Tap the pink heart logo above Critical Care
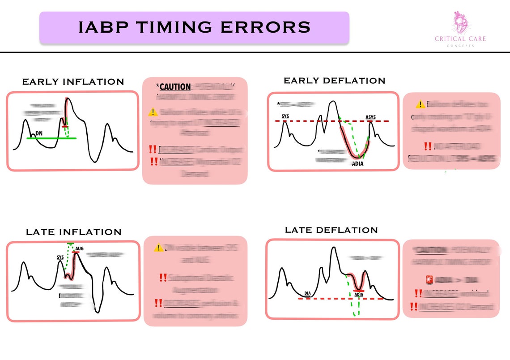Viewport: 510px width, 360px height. [x=460, y=22]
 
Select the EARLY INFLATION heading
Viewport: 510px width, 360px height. [x=73, y=82]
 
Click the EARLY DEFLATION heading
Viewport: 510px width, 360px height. [x=334, y=81]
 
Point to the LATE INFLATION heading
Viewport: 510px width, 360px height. [x=73, y=232]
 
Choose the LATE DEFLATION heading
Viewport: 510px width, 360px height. [x=331, y=230]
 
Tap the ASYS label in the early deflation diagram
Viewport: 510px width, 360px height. [x=370, y=118]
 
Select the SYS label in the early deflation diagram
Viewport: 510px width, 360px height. [x=285, y=117]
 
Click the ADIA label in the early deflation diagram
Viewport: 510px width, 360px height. [x=358, y=163]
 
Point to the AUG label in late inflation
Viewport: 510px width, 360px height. [x=79, y=249]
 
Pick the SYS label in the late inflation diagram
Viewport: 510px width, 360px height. [x=60, y=257]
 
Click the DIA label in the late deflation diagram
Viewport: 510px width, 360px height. [x=307, y=294]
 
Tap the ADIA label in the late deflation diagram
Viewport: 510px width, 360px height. [x=358, y=295]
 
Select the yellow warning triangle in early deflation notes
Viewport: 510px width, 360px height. [x=420, y=104]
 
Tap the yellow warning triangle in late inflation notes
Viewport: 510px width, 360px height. [x=158, y=248]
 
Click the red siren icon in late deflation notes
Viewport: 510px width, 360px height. [x=429, y=280]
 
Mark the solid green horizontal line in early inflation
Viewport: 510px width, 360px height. [x=51, y=138]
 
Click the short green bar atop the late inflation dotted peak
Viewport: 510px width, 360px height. [x=70, y=243]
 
